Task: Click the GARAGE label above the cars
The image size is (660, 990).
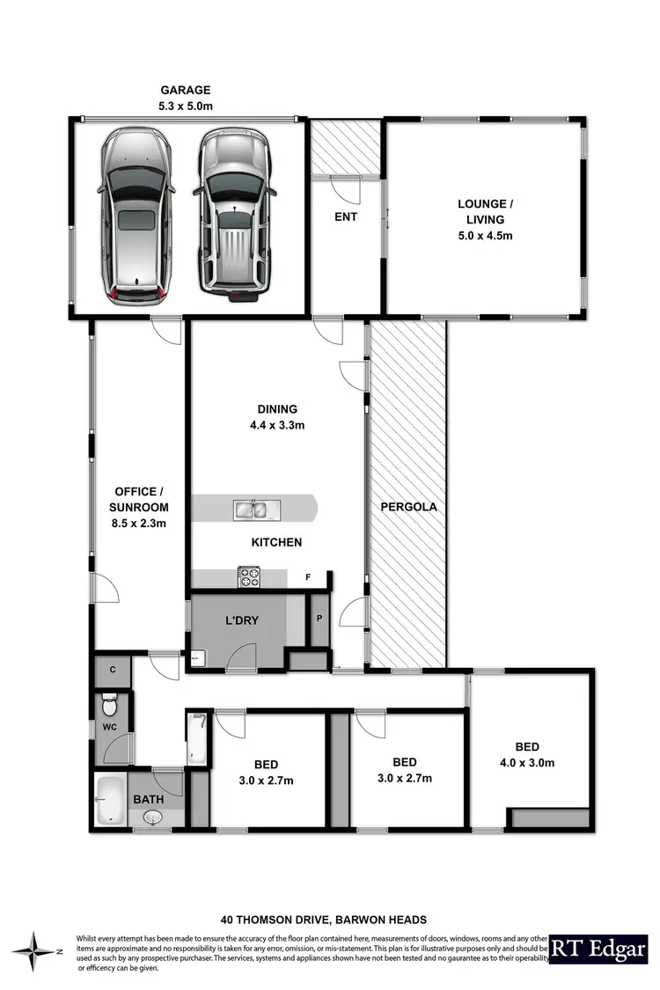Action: click(186, 89)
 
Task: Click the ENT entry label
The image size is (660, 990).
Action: click(346, 216)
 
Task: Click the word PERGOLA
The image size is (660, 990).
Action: click(408, 508)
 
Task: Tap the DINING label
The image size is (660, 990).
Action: click(277, 409)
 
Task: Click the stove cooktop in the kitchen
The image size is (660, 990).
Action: click(249, 578)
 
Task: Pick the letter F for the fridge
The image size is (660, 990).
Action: click(308, 577)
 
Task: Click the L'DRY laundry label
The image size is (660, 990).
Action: click(242, 620)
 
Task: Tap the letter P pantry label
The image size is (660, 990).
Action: click(319, 618)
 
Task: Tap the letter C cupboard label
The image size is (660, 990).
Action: click(113, 670)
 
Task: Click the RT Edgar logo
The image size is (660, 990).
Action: click(598, 950)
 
